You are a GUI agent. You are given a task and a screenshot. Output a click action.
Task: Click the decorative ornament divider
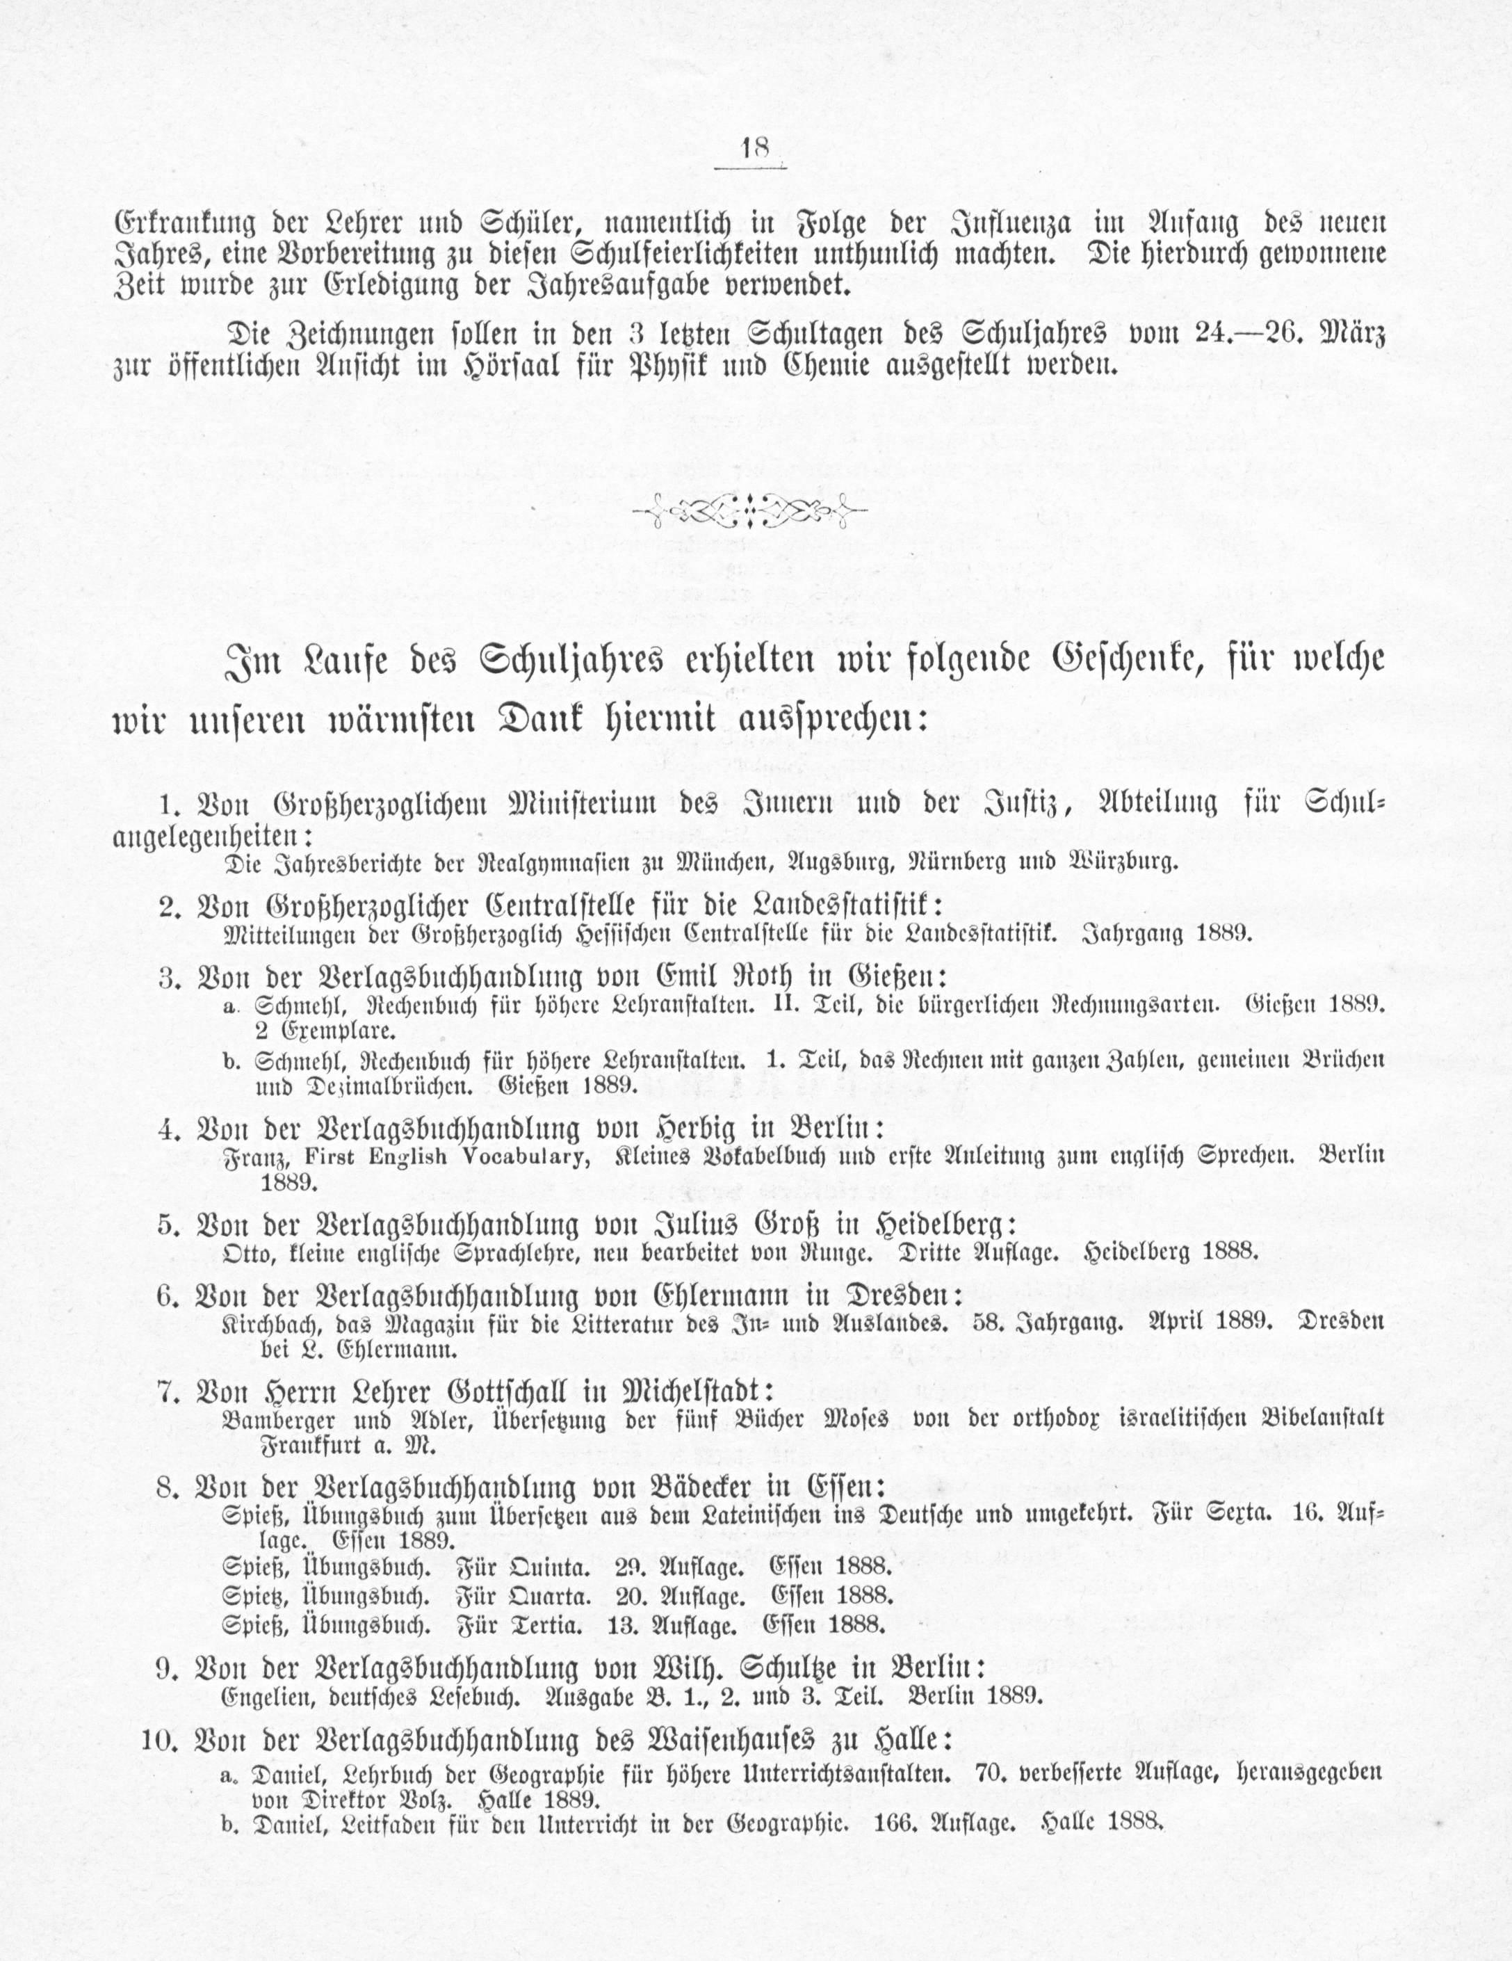(749, 512)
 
